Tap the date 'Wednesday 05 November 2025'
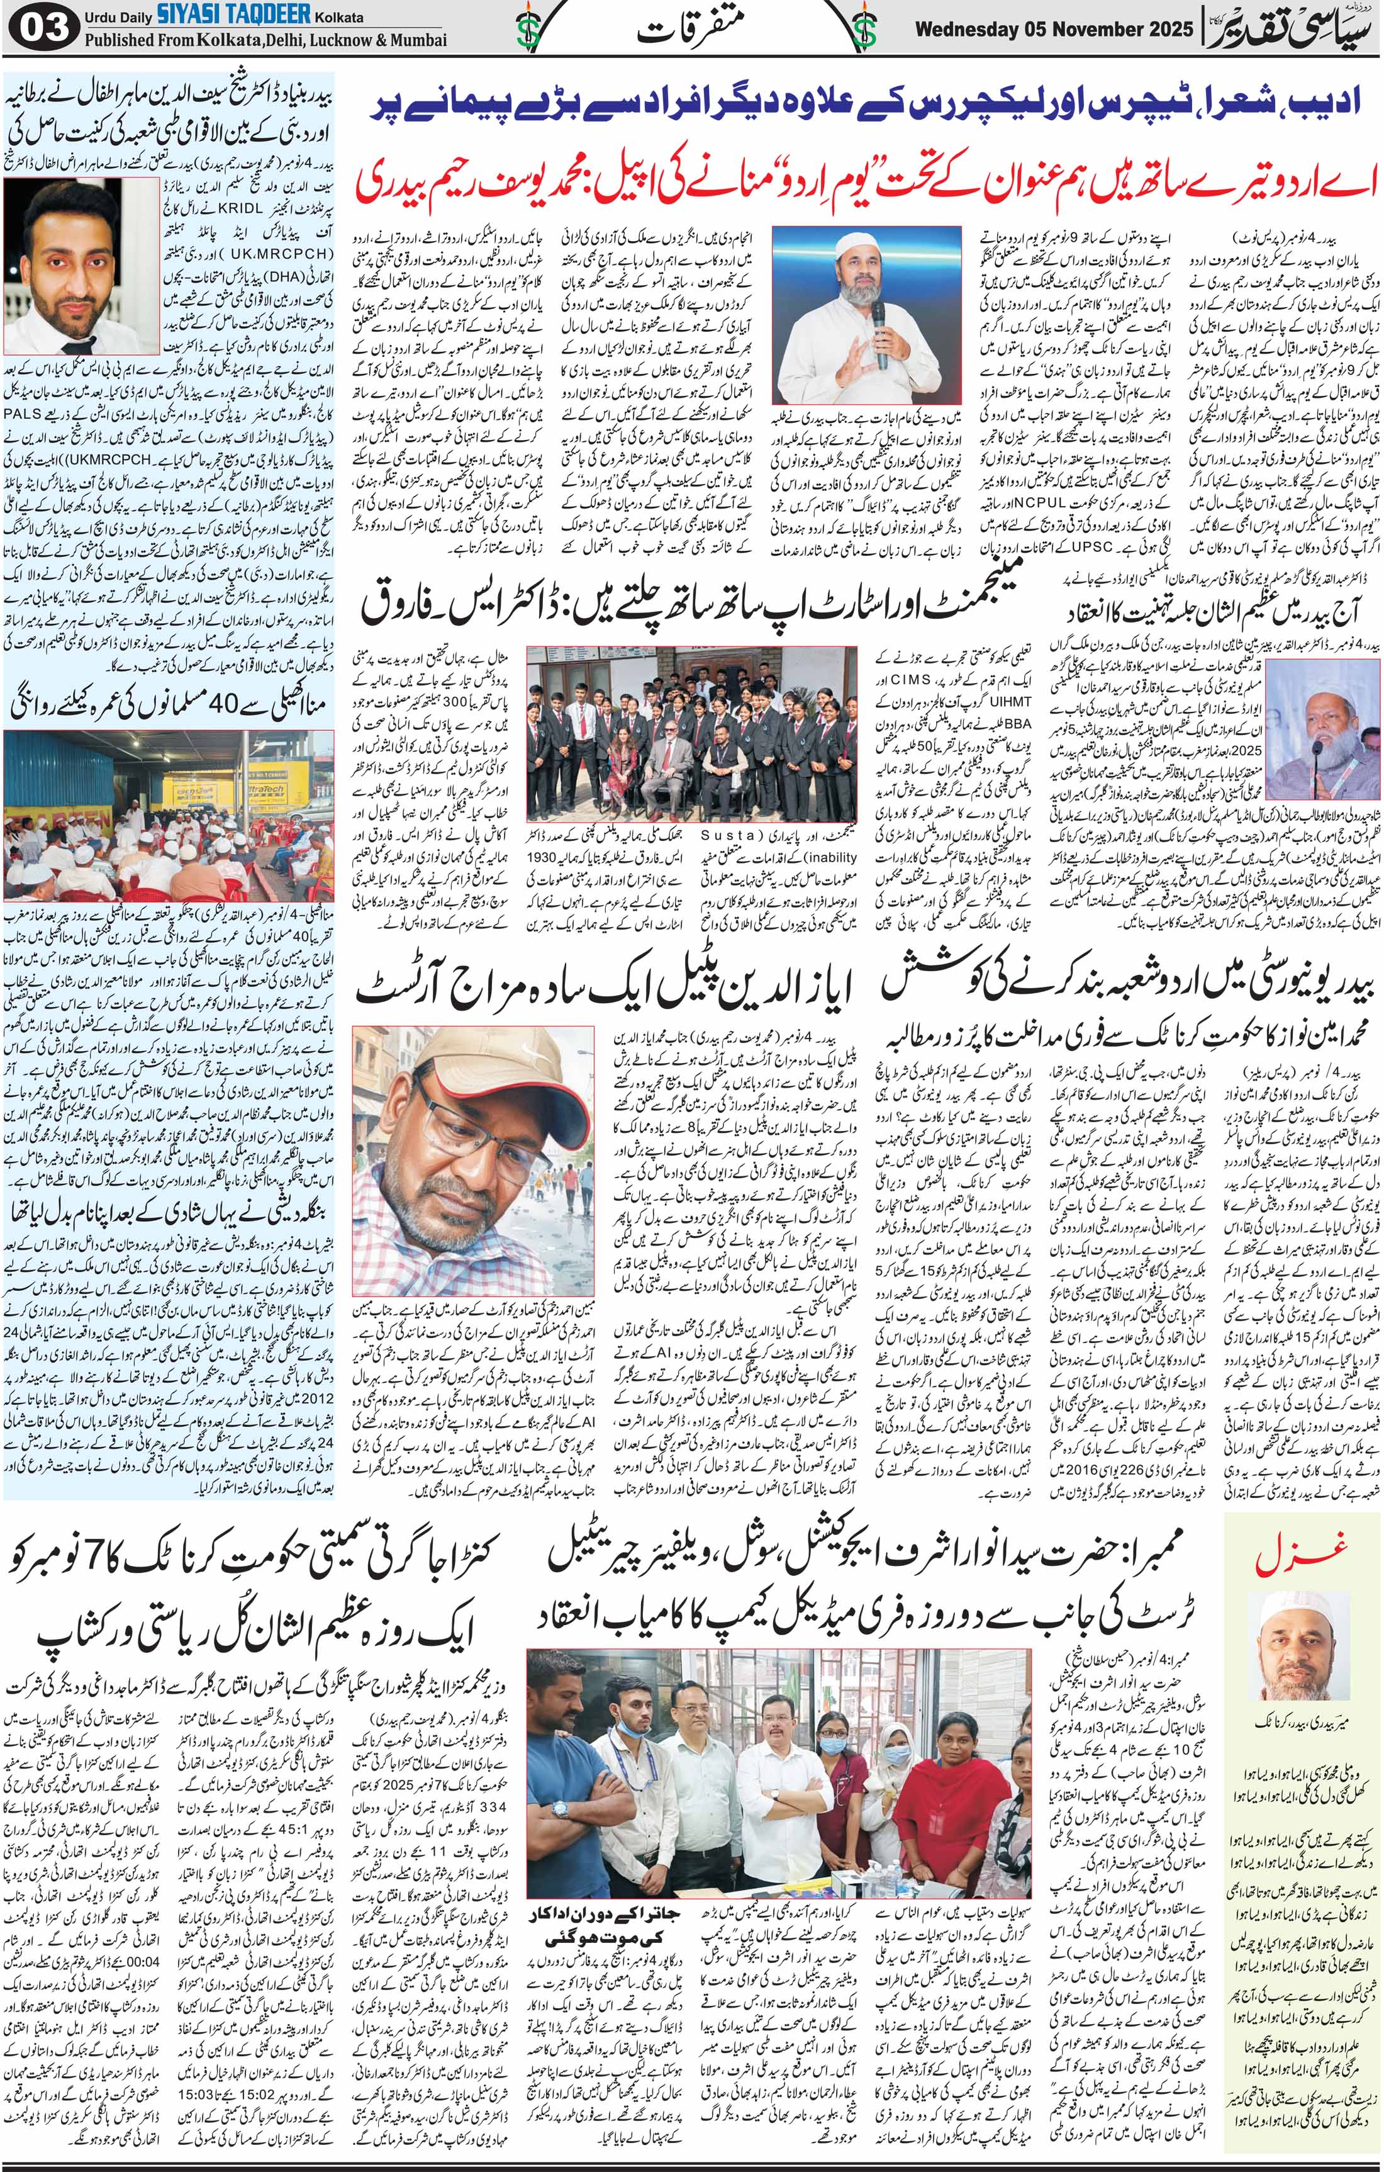click(x=1054, y=30)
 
